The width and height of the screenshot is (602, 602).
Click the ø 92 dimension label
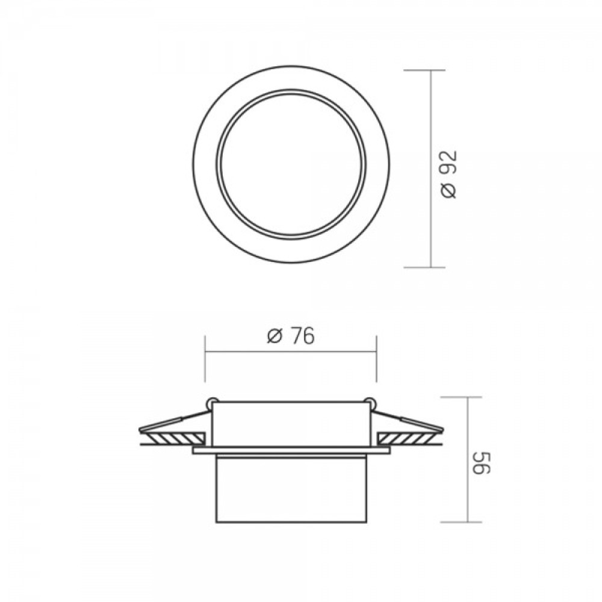449,175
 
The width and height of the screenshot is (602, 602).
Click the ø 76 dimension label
291,336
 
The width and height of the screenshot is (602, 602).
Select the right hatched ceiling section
406,437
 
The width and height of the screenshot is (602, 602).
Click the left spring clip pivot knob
211,402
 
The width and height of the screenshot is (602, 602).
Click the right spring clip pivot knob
370,402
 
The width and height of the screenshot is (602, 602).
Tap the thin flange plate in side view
291,450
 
